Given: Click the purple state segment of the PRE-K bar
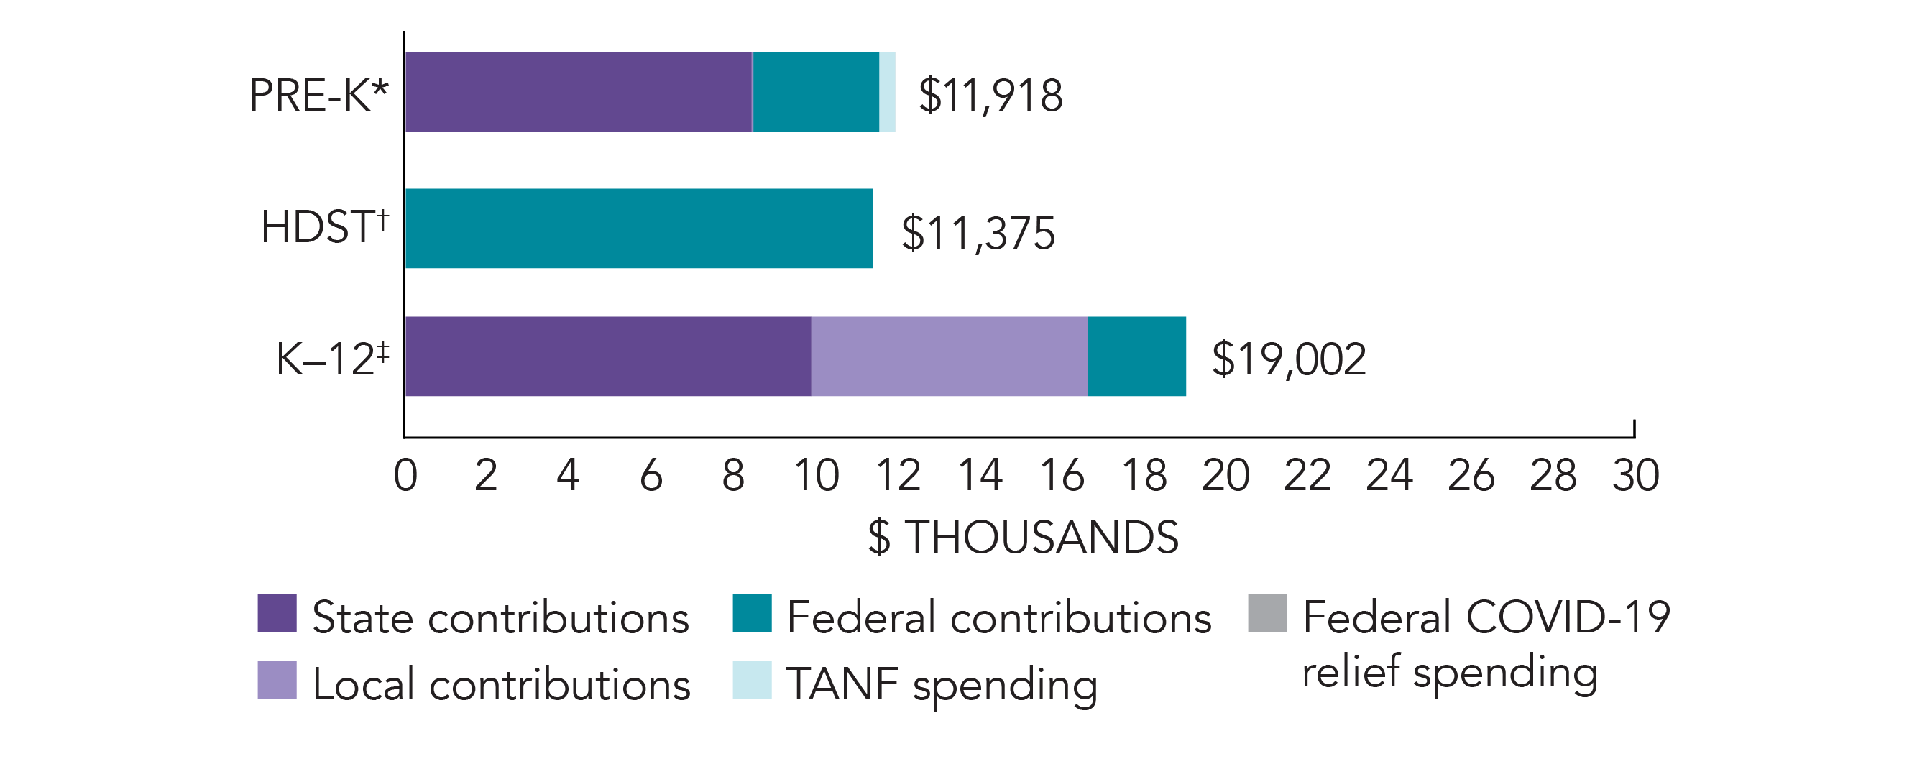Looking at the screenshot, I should click(x=578, y=92).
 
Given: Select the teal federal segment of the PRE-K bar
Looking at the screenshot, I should click(x=816, y=92).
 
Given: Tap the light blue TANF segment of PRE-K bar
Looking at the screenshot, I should click(x=887, y=92).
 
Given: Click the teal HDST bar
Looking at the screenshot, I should click(x=638, y=229).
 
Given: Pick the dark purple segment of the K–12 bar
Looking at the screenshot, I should click(x=607, y=356).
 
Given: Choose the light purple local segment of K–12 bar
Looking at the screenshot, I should click(x=949, y=356).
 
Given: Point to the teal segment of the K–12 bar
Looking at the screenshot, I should click(x=1136, y=356).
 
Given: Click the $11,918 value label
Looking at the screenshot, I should click(x=990, y=96).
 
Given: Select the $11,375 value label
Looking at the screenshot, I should click(x=978, y=233).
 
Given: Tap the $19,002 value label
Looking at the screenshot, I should click(x=1288, y=359).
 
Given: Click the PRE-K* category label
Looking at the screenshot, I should click(x=318, y=96).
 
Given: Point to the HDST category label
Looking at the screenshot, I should click(x=324, y=227).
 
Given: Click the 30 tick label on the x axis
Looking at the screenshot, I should click(x=1635, y=475).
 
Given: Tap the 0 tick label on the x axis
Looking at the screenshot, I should click(x=405, y=475).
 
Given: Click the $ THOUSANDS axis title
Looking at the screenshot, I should click(x=1023, y=537).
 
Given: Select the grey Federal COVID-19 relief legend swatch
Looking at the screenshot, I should click(x=1267, y=613).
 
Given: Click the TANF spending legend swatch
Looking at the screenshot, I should click(x=752, y=680).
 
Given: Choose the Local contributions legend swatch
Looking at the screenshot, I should click(x=277, y=680).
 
